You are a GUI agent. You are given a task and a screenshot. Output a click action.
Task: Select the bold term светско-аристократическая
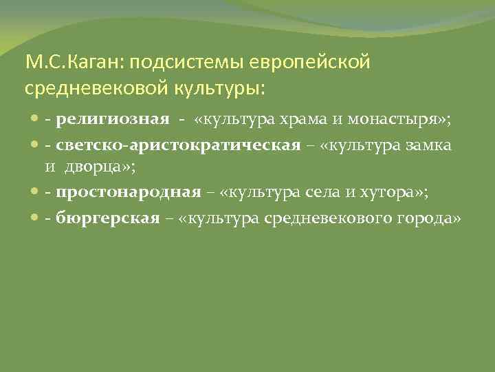point(179,145)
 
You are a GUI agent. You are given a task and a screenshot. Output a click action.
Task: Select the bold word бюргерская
point(111,218)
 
